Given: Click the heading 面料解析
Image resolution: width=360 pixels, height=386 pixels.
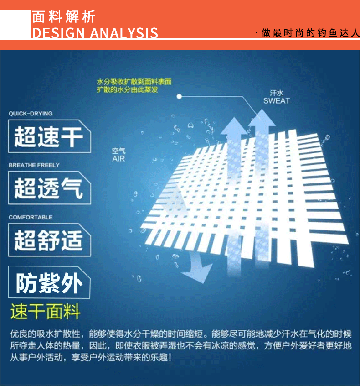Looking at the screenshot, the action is pos(64,17).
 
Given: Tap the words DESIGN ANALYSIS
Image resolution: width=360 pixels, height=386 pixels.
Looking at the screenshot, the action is pos(95,33).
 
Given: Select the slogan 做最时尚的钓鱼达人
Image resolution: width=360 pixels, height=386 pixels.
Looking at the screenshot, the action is pos(309,33).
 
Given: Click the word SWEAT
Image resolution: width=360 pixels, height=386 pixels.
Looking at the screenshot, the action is pos(276,100).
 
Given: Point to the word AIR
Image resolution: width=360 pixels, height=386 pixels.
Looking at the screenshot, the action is pos(118,159).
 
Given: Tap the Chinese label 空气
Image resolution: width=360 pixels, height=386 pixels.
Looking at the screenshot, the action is pos(118,151).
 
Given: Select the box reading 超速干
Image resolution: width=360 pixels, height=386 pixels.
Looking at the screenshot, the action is pos(49,136).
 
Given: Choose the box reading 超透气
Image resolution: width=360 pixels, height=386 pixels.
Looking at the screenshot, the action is pos(49,188).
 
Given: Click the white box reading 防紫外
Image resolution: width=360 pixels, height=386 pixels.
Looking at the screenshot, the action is pos(49,283).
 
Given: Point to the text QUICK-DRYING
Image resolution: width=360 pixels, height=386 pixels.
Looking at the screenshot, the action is pos(31,113).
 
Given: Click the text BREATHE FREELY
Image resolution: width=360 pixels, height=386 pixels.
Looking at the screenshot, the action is pos(34,165).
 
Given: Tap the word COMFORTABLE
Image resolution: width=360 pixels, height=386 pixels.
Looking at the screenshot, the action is pos(31,217).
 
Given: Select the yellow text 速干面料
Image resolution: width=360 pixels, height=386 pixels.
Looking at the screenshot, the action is pos(46,312).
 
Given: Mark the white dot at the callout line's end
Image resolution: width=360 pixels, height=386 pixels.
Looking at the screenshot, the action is pos(180,96).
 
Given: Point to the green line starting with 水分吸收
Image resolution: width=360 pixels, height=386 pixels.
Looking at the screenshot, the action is pos(134,82).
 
